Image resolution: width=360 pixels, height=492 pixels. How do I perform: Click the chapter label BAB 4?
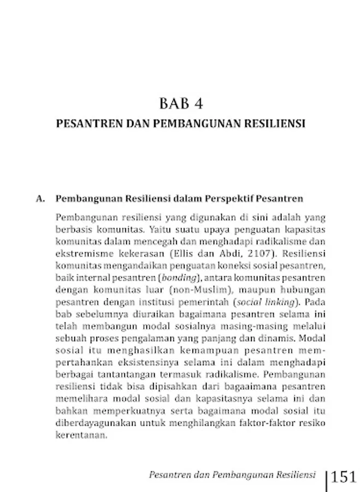click(180, 103)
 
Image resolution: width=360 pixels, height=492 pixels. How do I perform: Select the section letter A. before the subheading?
click(40, 198)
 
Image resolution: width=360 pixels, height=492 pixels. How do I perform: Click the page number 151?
click(344, 477)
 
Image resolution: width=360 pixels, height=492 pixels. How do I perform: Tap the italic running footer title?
click(232, 475)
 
